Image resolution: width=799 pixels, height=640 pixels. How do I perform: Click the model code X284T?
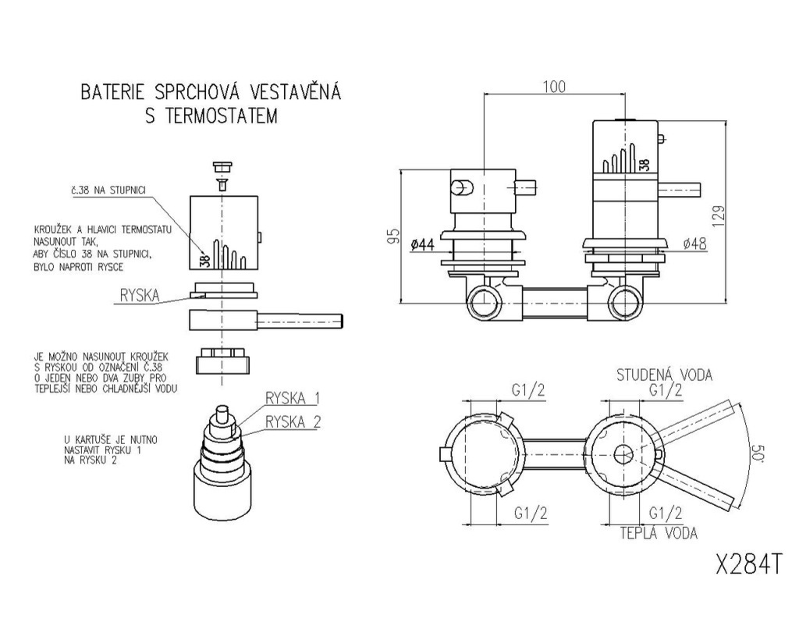point(748,564)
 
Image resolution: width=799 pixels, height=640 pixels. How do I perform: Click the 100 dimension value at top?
point(554,87)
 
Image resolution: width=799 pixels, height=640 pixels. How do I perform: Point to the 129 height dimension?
point(718,217)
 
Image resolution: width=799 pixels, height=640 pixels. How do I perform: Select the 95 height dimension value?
point(393,236)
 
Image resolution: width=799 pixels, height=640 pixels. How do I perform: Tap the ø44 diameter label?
point(422,245)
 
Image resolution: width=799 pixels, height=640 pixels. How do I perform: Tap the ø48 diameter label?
point(695,244)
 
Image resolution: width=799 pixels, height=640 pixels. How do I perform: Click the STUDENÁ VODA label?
point(665,375)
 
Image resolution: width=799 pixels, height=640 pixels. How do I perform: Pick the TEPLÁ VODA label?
point(659,533)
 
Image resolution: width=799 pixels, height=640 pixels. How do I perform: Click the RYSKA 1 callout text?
point(292,398)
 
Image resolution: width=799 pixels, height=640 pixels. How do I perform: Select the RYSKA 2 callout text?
point(293,422)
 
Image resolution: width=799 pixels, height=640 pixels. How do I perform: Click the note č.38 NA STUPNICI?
point(108,190)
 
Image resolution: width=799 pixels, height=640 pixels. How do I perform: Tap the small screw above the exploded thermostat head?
point(222,185)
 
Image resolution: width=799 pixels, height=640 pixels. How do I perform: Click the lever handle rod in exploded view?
point(300,321)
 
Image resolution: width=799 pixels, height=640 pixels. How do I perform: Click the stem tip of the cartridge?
point(222,411)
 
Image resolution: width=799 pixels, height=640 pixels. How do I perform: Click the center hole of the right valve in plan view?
point(623,453)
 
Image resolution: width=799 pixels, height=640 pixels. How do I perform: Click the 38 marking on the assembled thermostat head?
point(644,165)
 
